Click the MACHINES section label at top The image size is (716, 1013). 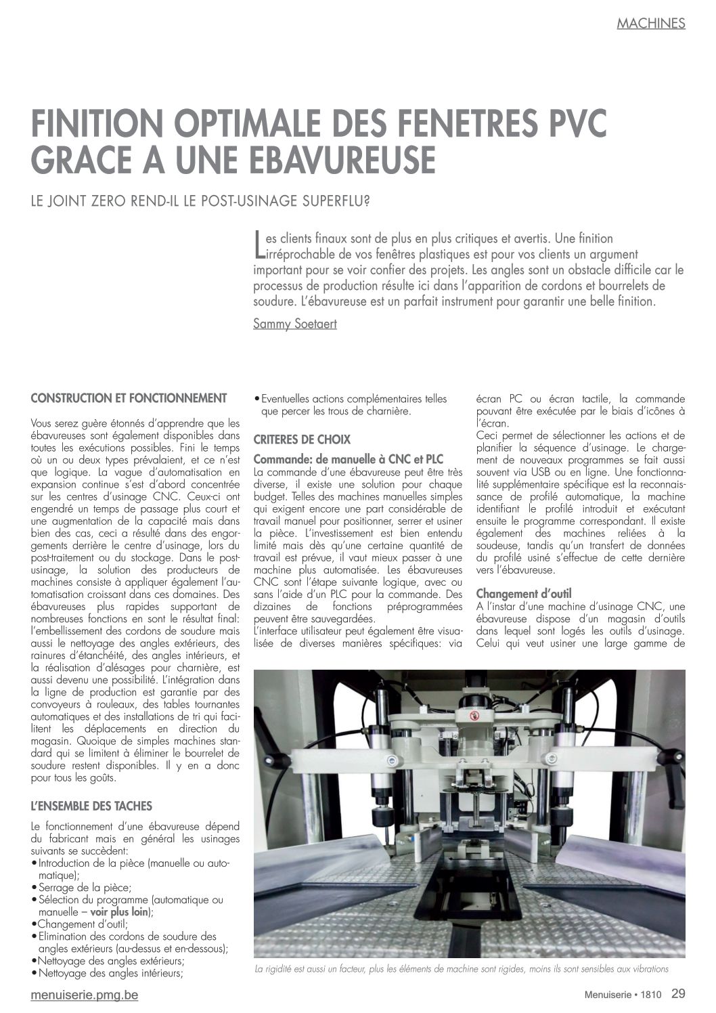(x=650, y=23)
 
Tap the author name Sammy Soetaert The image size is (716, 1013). (x=294, y=324)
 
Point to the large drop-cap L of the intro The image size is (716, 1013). (x=258, y=244)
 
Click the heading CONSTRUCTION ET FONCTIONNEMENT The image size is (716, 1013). (x=129, y=397)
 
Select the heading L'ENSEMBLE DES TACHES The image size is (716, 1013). (x=91, y=806)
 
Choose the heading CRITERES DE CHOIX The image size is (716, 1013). (x=302, y=439)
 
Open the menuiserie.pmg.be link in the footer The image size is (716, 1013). (x=85, y=995)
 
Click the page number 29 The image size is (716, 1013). (x=678, y=994)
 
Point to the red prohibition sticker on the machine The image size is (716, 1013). (x=474, y=715)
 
